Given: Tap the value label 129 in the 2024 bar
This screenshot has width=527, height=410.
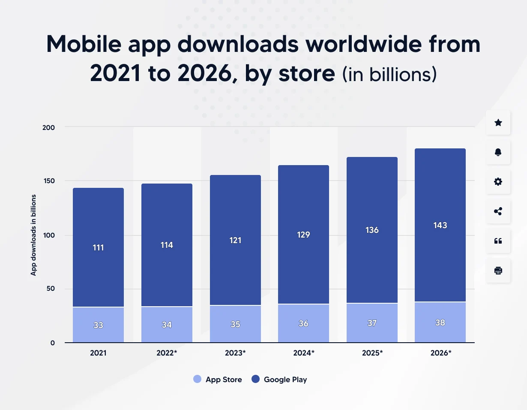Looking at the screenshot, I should (x=303, y=235).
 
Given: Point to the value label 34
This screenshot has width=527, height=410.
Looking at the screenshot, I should (x=167, y=325).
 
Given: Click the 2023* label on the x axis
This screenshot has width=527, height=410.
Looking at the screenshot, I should (x=235, y=353).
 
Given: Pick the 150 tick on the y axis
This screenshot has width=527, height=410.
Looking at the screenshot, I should (x=50, y=181).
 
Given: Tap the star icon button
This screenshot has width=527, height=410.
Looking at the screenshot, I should (x=498, y=123).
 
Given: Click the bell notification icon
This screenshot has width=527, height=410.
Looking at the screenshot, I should (x=498, y=152).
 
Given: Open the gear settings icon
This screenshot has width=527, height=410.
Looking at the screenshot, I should (x=498, y=182).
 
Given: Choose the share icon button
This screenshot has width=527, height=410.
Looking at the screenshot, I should (x=498, y=211).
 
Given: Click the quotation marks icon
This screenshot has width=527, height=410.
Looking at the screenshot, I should (x=498, y=241).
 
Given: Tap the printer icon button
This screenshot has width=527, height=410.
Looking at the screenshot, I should (x=498, y=271).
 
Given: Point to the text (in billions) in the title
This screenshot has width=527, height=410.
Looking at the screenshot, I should (x=389, y=74).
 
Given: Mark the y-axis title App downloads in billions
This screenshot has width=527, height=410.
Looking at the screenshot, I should (x=33, y=235).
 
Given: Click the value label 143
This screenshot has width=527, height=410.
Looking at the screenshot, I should (x=440, y=226).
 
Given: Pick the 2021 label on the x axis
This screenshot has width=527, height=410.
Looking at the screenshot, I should (x=98, y=353).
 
